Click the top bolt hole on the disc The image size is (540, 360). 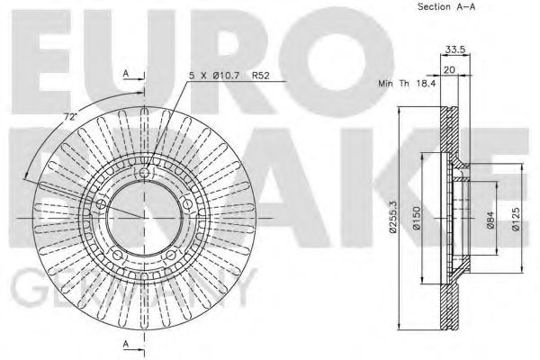click(145, 173)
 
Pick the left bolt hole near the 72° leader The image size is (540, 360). click(102, 204)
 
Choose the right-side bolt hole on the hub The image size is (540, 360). click(187, 204)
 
